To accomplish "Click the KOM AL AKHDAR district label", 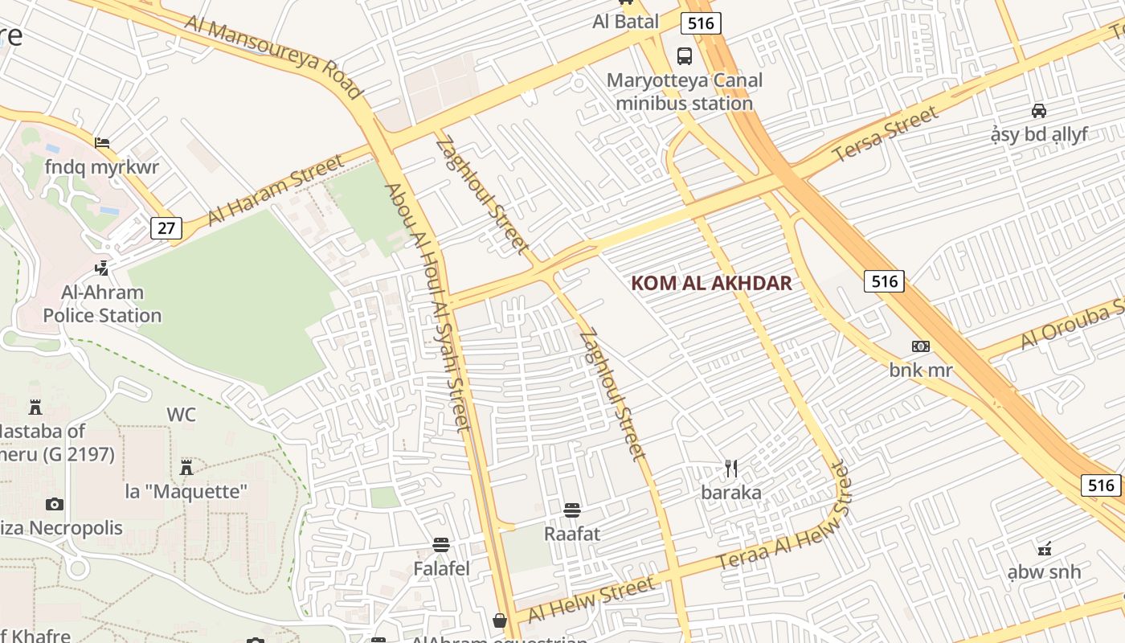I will pos(711,283).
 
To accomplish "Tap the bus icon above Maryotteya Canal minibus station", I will pos(684,56).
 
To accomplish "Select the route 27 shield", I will pos(166,227).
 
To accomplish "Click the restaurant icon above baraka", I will pos(731,469).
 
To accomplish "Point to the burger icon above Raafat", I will pos(572,510).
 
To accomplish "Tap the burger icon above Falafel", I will pos(441,545).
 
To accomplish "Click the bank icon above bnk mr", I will pos(920,346).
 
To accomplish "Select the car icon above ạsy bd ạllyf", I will pos(1039,111).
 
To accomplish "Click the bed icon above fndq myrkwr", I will pos(102,143).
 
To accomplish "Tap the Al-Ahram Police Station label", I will pos(102,304).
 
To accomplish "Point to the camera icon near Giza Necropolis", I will pos(55,504).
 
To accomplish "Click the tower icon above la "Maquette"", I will pos(186,467).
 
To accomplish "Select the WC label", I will pos(182,415).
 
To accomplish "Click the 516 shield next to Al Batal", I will pos(701,23).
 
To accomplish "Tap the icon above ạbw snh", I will pos(1045,550).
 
